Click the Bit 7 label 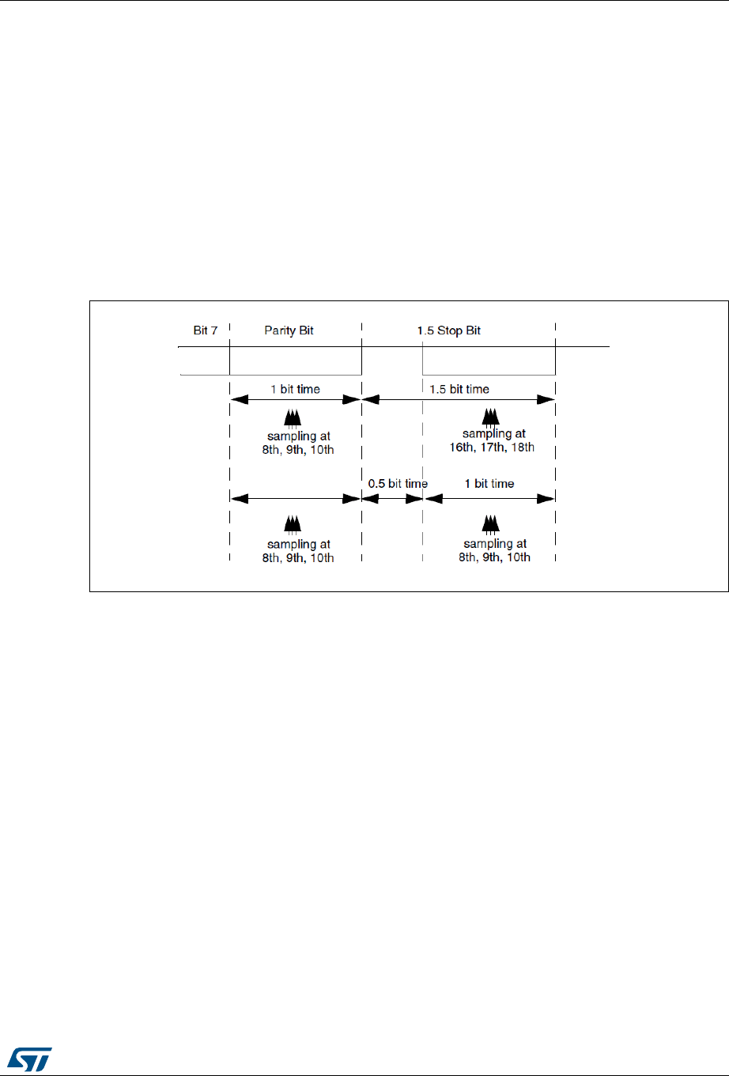click(x=205, y=330)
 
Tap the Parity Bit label click(x=289, y=330)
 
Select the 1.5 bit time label click(x=459, y=389)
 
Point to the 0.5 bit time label click(x=398, y=484)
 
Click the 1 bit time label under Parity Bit click(x=294, y=389)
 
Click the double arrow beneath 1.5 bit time click(x=459, y=400)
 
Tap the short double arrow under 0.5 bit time click(x=392, y=499)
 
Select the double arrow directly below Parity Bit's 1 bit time click(x=295, y=400)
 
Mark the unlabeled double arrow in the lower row click(x=295, y=499)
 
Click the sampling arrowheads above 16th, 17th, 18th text click(x=490, y=417)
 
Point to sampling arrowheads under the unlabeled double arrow click(x=293, y=523)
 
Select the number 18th click(x=522, y=447)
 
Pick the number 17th click(x=488, y=447)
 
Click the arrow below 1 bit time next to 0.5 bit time click(x=489, y=499)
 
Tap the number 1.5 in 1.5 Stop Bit click(x=425, y=330)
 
